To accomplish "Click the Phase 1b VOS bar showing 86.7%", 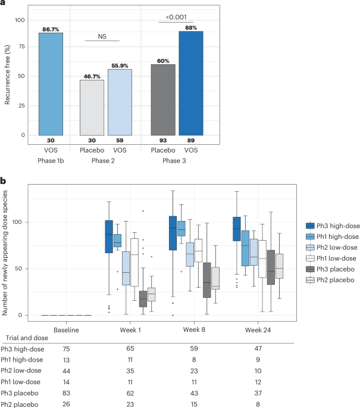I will pyautogui.click(x=55, y=83).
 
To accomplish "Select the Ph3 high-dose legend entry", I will pyautogui.click(x=328, y=225).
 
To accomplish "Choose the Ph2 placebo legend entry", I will pyautogui.click(x=328, y=279).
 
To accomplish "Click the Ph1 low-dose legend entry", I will pyautogui.click(x=328, y=257).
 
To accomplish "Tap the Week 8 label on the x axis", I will pyautogui.click(x=195, y=329).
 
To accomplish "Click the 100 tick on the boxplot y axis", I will pyautogui.click(x=28, y=222).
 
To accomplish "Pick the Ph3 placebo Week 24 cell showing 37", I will pyautogui.click(x=256, y=394).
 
